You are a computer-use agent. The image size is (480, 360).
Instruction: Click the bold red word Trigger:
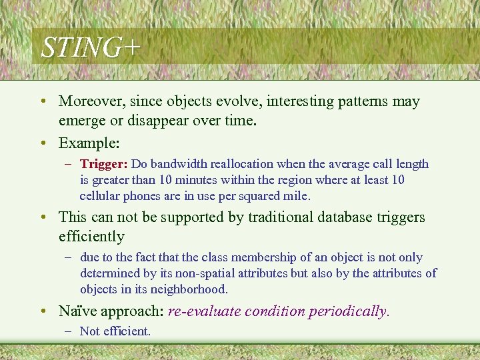pos(104,164)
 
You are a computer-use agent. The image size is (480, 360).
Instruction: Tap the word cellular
pos(100,196)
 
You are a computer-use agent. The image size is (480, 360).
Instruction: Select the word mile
pos(298,196)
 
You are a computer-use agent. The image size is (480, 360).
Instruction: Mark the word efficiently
pos(91,237)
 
